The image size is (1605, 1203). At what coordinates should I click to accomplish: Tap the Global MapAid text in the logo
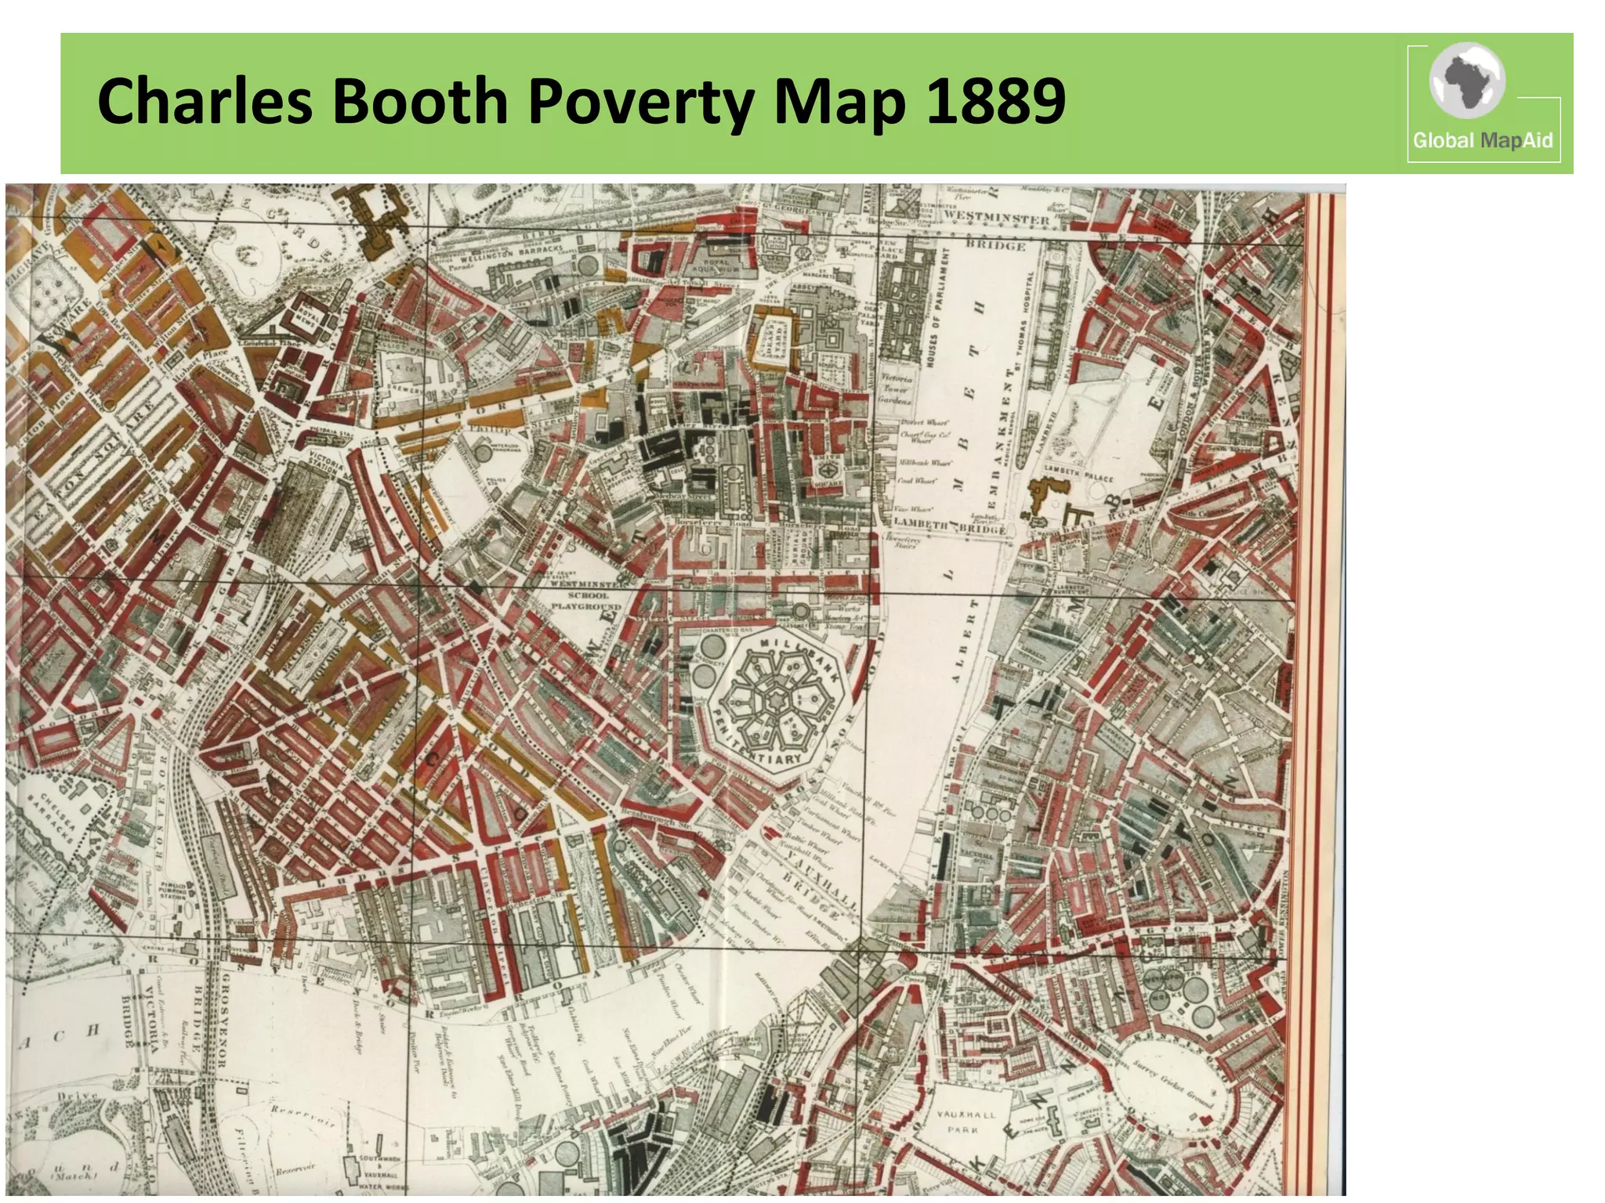tap(1482, 141)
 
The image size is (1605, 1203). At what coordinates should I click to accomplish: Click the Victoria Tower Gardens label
tap(896, 388)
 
